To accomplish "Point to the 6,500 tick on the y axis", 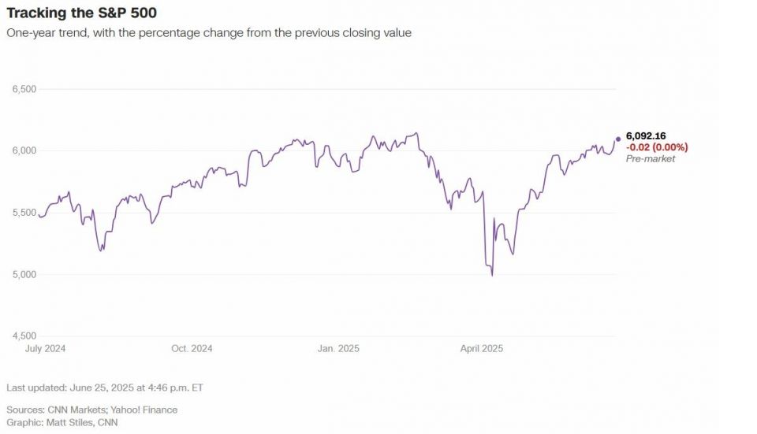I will coord(24,89).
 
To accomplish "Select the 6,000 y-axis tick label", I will coord(24,150).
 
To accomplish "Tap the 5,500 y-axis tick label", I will coord(24,213).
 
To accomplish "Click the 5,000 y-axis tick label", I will coord(24,274).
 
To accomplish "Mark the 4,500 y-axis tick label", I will coord(24,336).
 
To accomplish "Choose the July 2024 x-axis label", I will coord(45,348).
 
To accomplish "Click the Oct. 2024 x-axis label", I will coord(192,348).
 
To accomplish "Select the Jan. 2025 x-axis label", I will coord(337,348).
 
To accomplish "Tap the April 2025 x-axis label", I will coord(481,348).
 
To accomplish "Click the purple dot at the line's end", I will coord(617,139).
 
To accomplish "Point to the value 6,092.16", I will coord(646,136).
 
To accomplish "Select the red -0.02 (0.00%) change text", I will coord(657,147).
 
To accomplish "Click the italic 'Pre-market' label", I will coord(651,159).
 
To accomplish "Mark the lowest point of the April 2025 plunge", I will coord(492,275).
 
